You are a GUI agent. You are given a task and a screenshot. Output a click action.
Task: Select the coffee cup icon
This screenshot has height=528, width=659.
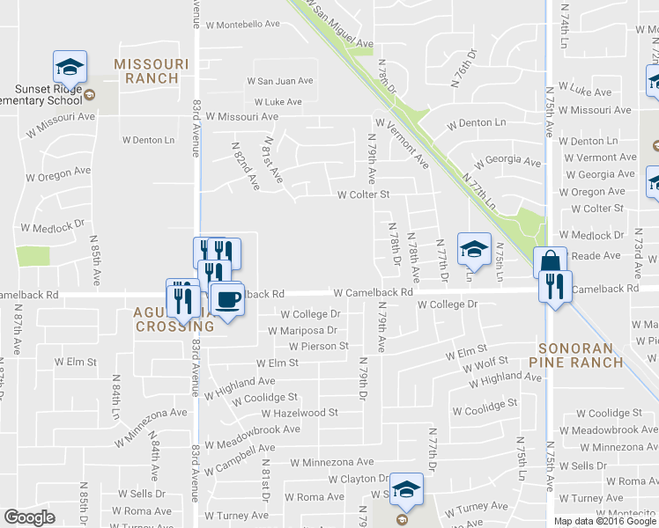(227, 299)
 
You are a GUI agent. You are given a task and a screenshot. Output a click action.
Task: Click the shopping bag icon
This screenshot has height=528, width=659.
(551, 262)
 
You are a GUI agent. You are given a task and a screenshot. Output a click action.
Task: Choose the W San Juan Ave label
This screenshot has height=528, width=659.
(280, 81)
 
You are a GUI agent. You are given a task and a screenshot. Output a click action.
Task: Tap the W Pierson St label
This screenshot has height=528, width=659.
(315, 347)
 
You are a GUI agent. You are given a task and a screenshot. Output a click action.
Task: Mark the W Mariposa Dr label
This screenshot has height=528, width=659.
(302, 331)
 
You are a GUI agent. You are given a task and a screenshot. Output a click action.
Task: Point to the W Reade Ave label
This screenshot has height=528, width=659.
(596, 256)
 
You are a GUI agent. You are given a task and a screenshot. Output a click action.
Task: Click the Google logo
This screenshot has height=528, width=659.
(30, 517)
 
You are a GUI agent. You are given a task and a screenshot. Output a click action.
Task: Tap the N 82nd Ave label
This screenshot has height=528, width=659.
(246, 166)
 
